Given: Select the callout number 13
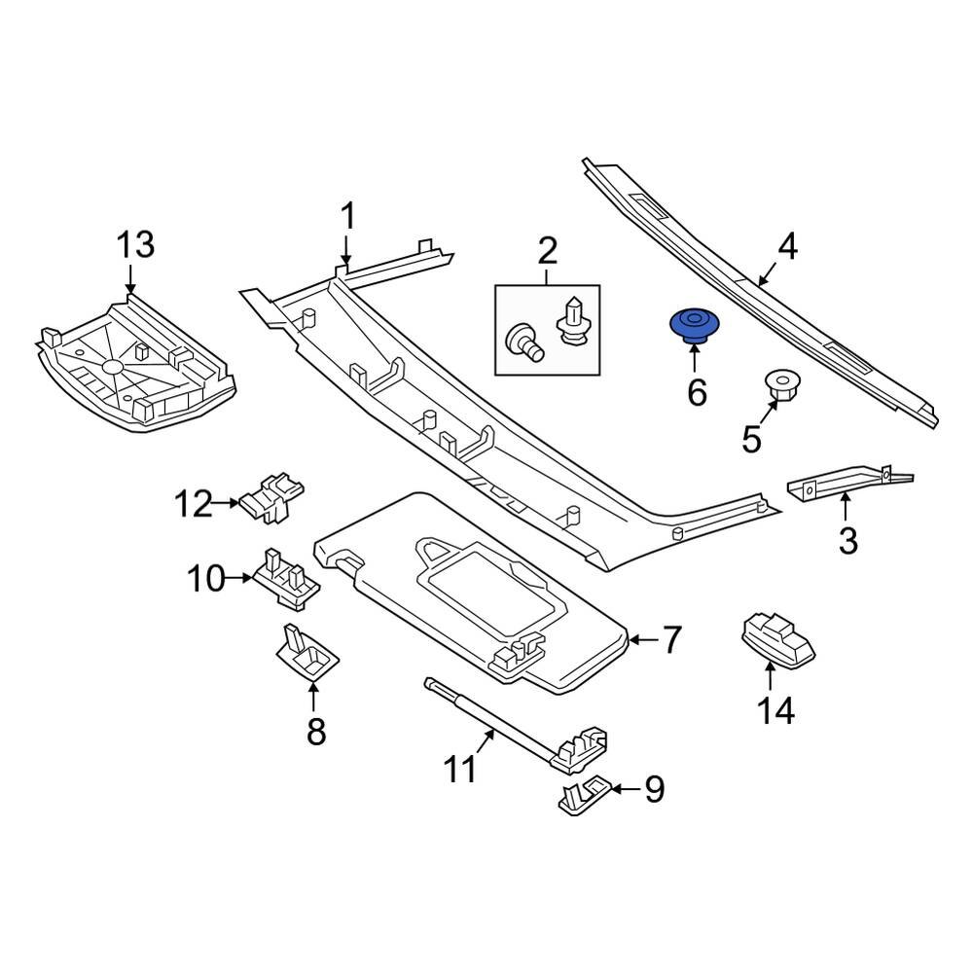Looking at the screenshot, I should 135,245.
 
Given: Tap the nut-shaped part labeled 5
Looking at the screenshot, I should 779,386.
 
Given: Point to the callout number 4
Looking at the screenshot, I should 787,247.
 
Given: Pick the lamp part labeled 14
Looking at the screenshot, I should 776,639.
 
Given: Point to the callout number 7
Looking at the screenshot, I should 673,640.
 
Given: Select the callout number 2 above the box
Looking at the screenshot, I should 547,253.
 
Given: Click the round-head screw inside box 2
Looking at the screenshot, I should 523,340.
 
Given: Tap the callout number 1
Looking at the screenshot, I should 347,217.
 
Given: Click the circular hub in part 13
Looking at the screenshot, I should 112,367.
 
